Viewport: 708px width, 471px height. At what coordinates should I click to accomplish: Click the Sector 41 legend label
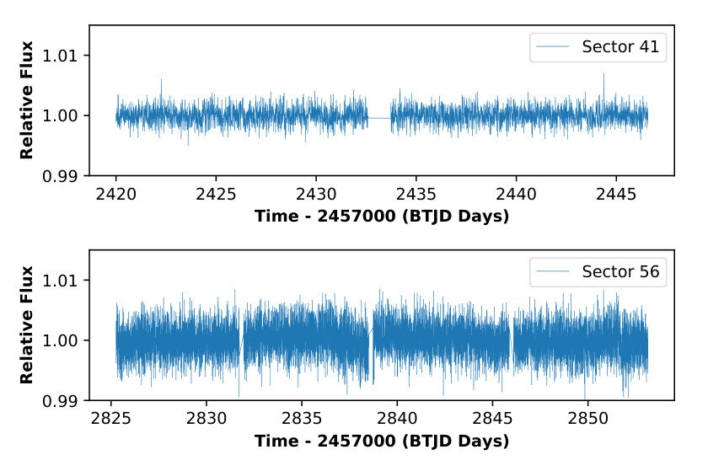pyautogui.click(x=619, y=46)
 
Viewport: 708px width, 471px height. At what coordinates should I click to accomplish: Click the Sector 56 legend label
pyautogui.click(x=619, y=271)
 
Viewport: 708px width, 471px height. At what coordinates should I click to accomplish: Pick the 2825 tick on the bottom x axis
pyautogui.click(x=115, y=416)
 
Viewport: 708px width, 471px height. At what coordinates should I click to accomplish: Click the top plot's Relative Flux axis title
pyautogui.click(x=27, y=100)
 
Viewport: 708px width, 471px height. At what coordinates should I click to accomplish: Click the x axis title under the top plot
pyautogui.click(x=381, y=217)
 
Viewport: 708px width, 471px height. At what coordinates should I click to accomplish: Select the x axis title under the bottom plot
pyautogui.click(x=381, y=441)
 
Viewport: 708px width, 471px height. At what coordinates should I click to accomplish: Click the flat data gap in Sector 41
pyautogui.click(x=379, y=118)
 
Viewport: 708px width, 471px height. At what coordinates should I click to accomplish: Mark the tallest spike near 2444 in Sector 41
pyautogui.click(x=603, y=74)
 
